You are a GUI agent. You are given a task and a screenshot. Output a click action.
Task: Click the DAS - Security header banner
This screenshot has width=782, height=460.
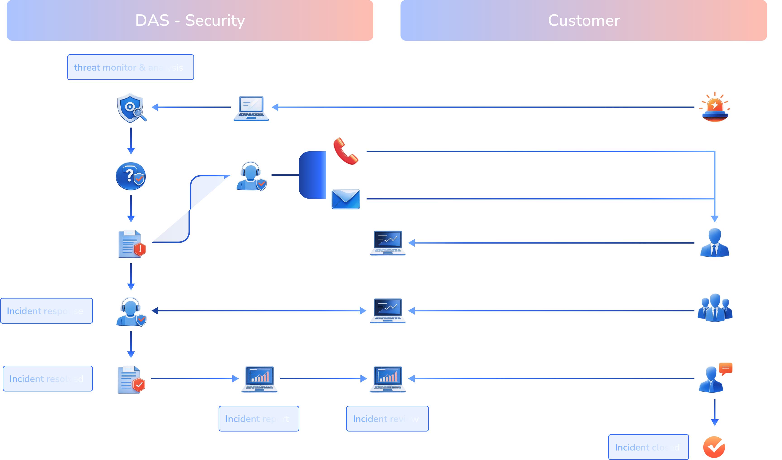click(190, 21)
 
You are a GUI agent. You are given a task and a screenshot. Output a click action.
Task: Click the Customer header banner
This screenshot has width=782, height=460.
click(583, 21)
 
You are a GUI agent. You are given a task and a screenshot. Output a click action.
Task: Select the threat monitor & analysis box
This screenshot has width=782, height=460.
click(130, 67)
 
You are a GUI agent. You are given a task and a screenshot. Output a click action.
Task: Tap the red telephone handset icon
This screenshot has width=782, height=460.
click(345, 151)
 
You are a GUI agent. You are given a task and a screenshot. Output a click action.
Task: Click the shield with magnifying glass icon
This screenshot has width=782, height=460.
click(131, 108)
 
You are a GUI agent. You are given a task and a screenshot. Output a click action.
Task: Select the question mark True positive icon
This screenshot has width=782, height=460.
click(131, 176)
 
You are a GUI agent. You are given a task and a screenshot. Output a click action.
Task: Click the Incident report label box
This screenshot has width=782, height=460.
click(258, 419)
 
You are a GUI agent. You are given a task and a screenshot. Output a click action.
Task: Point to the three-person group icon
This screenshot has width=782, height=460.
click(715, 308)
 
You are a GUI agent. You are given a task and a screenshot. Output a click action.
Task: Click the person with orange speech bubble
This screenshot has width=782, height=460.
click(714, 378)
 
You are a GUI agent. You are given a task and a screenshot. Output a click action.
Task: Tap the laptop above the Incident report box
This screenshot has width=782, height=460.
click(260, 379)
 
